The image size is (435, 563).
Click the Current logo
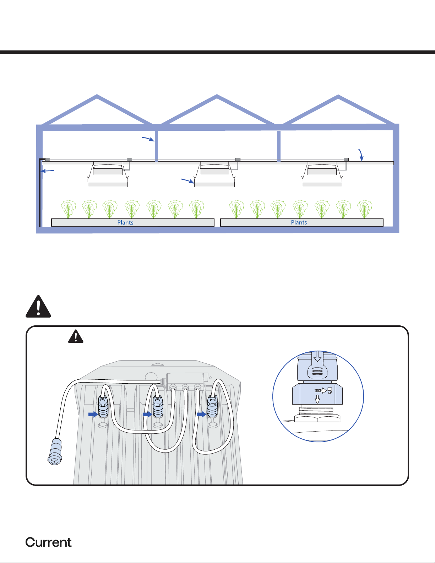(49, 542)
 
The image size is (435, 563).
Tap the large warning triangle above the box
(38, 306)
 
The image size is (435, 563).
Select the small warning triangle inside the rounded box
(76, 336)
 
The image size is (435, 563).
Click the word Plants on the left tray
(125, 223)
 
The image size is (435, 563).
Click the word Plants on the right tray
(299, 223)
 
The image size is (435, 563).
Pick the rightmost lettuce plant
(364, 209)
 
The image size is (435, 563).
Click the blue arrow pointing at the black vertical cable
(48, 172)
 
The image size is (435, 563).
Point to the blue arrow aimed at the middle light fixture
(187, 181)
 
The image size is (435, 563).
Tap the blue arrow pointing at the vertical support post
(148, 139)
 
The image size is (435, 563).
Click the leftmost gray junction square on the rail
(48, 160)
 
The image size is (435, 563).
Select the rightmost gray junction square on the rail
(346, 160)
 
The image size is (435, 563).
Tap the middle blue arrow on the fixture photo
(147, 414)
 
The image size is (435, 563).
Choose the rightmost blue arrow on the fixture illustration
(201, 414)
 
